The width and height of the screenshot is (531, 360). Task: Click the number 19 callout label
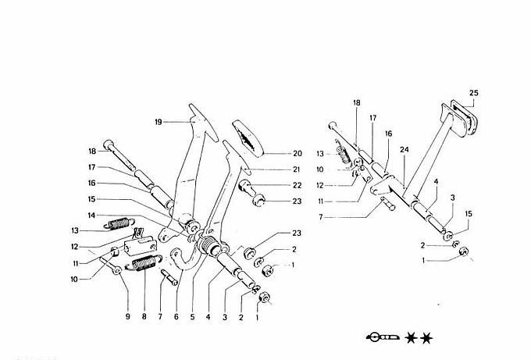[158, 123]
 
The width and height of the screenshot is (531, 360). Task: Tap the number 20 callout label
[275, 154]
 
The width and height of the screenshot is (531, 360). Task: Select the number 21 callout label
[275, 169]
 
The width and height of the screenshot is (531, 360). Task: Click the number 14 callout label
[91, 216]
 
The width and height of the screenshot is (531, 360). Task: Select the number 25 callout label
[473, 93]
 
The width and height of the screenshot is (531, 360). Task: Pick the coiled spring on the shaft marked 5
[210, 248]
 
